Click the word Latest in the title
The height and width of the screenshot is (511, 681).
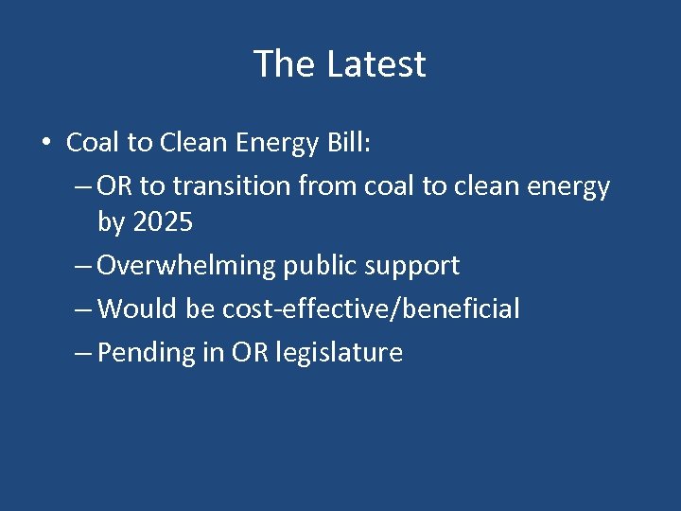click(x=376, y=64)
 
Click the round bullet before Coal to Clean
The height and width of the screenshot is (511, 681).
click(x=45, y=143)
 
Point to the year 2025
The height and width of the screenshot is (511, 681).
click(x=164, y=223)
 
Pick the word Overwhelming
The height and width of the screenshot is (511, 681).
click(x=187, y=266)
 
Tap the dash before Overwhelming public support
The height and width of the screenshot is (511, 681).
click(x=82, y=266)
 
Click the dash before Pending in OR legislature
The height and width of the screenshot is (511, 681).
click(x=82, y=352)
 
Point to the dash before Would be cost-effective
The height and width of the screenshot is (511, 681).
click(x=82, y=308)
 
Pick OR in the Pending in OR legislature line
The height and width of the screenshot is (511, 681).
click(x=251, y=352)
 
